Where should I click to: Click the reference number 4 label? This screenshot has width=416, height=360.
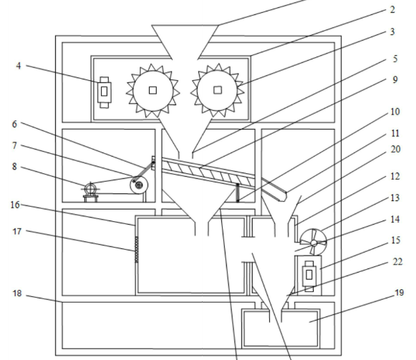coord(19,66)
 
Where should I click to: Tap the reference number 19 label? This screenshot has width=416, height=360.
coord(400,293)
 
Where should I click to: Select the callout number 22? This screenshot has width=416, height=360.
coord(397,262)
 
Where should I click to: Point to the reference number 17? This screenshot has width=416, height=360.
coord(17,232)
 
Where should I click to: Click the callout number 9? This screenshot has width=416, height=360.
coord(395,79)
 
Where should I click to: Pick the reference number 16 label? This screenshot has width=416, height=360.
coord(15,205)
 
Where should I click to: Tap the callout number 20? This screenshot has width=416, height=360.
coord(395,150)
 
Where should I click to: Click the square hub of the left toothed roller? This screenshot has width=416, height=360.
coord(153,90)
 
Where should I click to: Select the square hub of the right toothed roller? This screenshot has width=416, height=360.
coord(218,90)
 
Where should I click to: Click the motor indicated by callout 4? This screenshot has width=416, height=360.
coord(105,92)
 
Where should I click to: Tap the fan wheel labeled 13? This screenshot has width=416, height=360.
coord(314,242)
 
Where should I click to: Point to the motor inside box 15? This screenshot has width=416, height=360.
coord(309,276)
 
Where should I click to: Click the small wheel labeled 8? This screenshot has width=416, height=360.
coord(91,189)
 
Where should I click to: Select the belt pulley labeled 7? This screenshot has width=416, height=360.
coord(139,185)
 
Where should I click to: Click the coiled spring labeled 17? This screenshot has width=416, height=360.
coord(137,249)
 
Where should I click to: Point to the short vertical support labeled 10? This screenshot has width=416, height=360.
coord(238,193)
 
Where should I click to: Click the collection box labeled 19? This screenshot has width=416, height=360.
coord(281,329)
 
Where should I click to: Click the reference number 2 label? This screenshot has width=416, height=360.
coord(392,10)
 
